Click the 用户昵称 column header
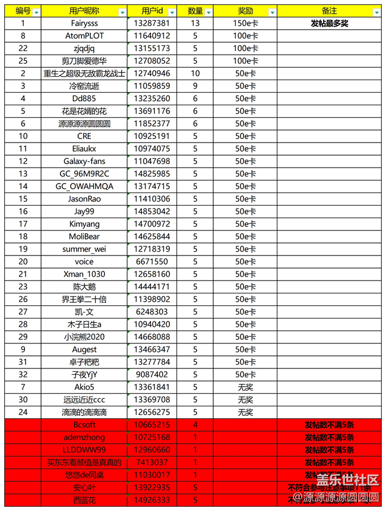(84, 11)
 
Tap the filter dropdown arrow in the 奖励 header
(272, 12)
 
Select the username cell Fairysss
(84, 23)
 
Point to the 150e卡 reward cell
(245, 23)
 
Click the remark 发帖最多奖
(329, 23)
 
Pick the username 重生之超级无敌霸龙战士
(84, 74)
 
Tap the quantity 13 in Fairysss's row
(195, 23)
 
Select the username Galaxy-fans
(84, 161)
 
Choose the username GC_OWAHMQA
(84, 186)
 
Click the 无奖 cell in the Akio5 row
(245, 387)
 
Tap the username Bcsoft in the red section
(84, 425)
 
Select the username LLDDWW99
(84, 450)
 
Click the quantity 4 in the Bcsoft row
(195, 425)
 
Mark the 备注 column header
(329, 11)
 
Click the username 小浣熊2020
(84, 337)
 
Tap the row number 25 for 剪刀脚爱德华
(23, 61)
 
